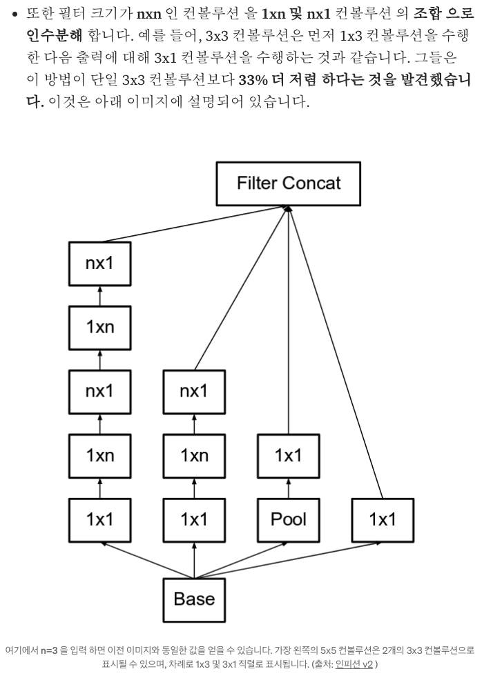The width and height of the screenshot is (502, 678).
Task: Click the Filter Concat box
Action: [x=288, y=183]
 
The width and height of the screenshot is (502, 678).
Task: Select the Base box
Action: [x=194, y=599]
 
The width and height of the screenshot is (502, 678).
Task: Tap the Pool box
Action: [x=288, y=519]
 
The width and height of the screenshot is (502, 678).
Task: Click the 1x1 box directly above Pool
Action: [x=288, y=455]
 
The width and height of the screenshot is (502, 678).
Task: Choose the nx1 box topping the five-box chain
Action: [x=99, y=263]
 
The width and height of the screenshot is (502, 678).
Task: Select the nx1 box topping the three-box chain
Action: [x=194, y=391]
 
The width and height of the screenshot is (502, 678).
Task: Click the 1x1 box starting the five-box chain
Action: [x=99, y=519]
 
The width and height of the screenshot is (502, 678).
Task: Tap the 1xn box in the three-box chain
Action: [x=194, y=455]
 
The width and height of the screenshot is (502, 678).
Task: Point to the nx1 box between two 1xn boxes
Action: [x=99, y=391]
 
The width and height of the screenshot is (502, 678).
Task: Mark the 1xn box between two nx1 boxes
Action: [x=99, y=327]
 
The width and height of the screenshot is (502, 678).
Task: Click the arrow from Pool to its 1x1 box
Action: [x=288, y=487]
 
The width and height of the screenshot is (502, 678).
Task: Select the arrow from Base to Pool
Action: [x=242, y=560]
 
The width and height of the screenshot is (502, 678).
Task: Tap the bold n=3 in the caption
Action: [x=51, y=650]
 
